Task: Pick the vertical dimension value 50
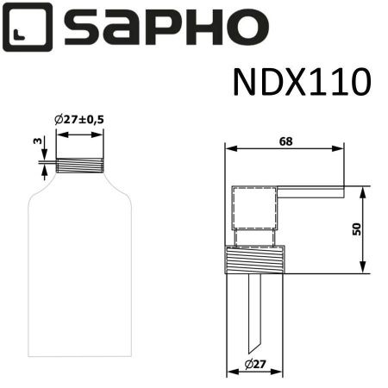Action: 356,230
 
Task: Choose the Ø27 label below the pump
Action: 254,365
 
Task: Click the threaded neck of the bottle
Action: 79,165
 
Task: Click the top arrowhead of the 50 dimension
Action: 363,191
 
